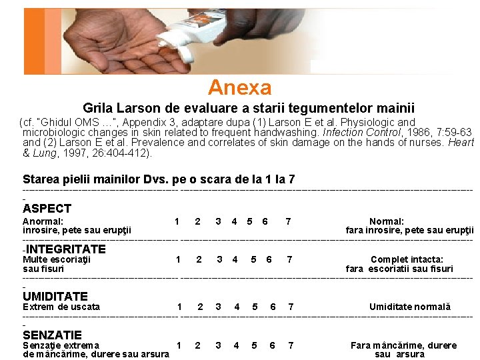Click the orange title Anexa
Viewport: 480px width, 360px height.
click(x=240, y=87)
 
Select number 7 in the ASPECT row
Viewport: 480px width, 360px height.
click(x=288, y=221)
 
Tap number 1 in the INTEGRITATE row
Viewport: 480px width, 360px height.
click(x=178, y=259)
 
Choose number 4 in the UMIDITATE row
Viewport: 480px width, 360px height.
click(x=237, y=307)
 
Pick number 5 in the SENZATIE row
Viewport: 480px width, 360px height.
click(x=254, y=345)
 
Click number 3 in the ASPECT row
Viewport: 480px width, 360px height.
click(x=218, y=221)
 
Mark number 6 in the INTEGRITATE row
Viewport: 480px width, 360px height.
click(x=269, y=259)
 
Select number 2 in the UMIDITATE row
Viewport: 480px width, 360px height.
click(x=200, y=307)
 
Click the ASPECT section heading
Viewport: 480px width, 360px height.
click(x=47, y=209)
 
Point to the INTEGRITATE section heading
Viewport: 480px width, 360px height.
click(x=66, y=249)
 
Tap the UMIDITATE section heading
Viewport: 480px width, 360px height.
click(x=55, y=296)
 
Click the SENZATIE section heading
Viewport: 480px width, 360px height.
click(x=53, y=335)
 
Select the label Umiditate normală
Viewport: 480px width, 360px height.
click(x=410, y=307)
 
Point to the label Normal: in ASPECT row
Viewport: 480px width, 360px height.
click(x=387, y=221)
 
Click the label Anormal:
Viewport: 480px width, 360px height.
click(x=43, y=221)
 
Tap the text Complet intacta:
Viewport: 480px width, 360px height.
click(x=407, y=259)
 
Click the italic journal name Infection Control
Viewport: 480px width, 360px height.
click(x=361, y=132)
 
